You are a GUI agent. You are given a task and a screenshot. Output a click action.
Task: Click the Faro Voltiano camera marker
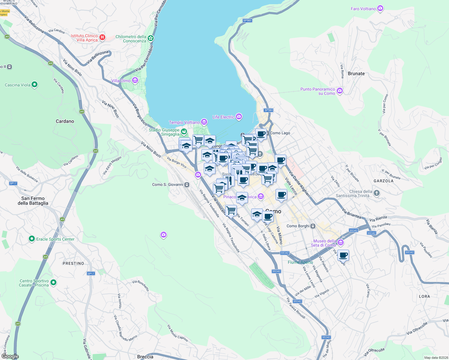pyautogui.click(x=380, y=8)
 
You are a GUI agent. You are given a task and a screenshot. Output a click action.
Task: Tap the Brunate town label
pyautogui.click(x=356, y=73)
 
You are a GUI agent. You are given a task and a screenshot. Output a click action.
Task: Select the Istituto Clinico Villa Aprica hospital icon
pyautogui.click(x=102, y=37)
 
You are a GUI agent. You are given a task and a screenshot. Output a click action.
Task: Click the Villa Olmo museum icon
pyautogui.click(x=135, y=80)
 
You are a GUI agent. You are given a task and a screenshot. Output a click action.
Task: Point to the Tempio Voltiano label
pyautogui.click(x=184, y=122)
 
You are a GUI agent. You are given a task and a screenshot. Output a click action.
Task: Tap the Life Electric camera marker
pyautogui.click(x=239, y=117)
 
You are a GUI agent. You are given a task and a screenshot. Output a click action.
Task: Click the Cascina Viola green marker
pyautogui.click(x=35, y=85)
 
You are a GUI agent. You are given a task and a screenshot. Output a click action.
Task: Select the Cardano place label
pyautogui.click(x=65, y=121)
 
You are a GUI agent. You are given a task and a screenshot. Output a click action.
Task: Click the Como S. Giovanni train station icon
pyautogui.click(x=187, y=184)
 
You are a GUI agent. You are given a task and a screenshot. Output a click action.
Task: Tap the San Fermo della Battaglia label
pyautogui.click(x=33, y=201)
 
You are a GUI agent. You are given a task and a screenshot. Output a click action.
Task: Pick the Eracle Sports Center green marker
pyautogui.click(x=32, y=239)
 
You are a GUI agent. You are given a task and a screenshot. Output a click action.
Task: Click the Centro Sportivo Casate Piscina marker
pyautogui.click(x=53, y=282)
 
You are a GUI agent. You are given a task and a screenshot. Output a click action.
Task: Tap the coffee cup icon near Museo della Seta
pyautogui.click(x=343, y=255)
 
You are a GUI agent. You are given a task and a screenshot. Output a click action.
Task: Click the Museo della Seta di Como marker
pyautogui.click(x=340, y=242)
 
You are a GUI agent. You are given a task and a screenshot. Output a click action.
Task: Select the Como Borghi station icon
pyautogui.click(x=313, y=226)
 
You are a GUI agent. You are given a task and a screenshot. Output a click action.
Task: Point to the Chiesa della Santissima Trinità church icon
pyautogui.click(x=377, y=193)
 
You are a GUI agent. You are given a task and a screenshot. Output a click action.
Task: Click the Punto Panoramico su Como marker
pyautogui.click(x=340, y=91)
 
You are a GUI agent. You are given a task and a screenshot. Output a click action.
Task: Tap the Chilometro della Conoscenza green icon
pyautogui.click(x=151, y=38)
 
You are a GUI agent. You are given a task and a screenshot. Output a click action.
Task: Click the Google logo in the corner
pyautogui.click(x=10, y=356)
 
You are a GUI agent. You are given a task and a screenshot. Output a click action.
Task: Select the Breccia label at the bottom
pyautogui.click(x=145, y=357)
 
